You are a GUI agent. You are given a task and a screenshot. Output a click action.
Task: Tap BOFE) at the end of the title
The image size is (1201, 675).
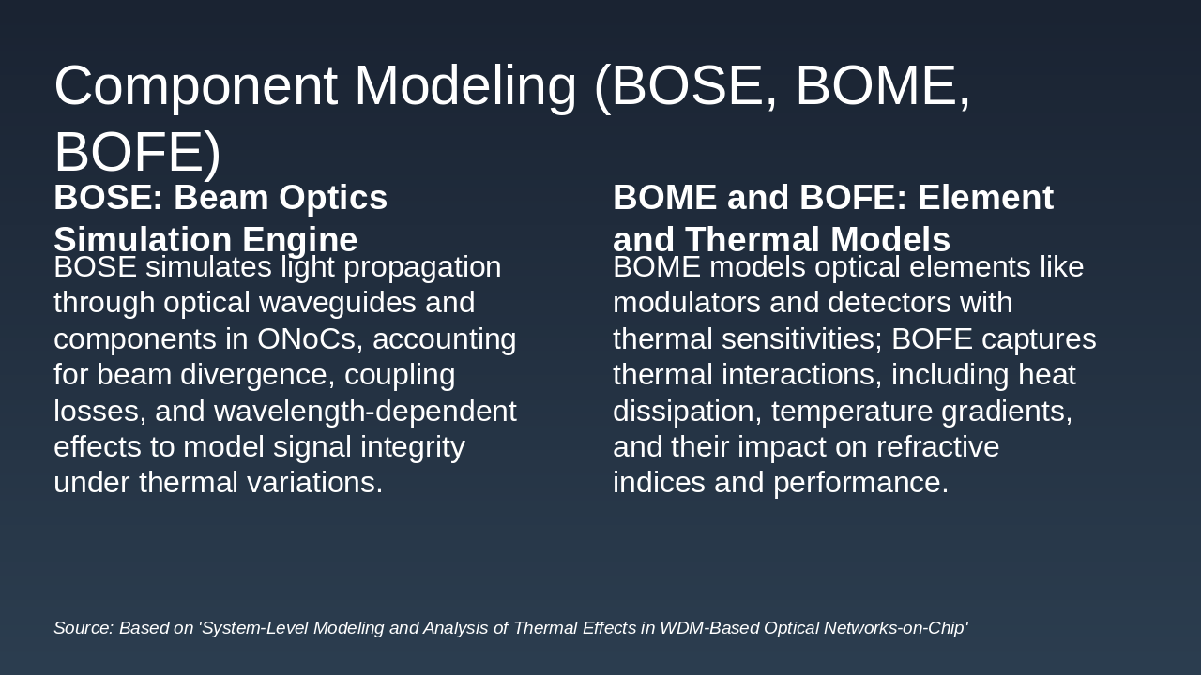coord(137,154)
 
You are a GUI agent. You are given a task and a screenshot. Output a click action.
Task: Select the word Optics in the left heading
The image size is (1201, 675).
coord(333,198)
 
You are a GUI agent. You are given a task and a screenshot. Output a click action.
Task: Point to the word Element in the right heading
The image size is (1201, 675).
coord(985,197)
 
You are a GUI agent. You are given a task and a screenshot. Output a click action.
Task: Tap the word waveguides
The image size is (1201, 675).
coord(338,303)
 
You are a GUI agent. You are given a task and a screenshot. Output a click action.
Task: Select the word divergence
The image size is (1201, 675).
coord(253,374)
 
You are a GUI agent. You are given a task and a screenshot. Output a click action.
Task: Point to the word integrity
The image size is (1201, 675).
coord(412,447)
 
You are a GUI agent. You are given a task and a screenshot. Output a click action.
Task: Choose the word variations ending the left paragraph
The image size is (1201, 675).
coord(314,482)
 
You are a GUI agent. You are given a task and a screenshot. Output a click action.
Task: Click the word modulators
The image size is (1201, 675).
coord(687,303)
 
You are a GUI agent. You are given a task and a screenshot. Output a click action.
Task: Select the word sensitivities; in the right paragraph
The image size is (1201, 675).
coord(802,339)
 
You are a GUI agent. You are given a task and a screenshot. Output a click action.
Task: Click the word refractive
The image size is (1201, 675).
coord(937,447)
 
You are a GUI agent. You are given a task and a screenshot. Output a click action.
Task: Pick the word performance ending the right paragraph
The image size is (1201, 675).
coord(860,482)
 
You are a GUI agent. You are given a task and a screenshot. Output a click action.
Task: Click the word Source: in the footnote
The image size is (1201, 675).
coord(84,628)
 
